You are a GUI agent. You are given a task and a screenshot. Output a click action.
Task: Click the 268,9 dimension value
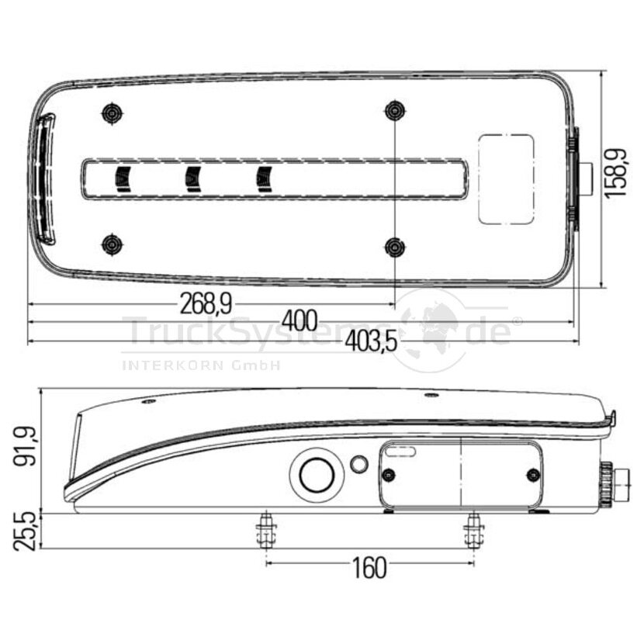206,304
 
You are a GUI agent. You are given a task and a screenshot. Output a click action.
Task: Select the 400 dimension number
299,321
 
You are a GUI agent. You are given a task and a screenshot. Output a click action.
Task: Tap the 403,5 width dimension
372,341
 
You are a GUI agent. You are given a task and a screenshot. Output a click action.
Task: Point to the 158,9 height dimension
615,173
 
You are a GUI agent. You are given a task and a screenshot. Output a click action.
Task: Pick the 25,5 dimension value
24,531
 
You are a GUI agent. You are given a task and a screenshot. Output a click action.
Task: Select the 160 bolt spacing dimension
369,568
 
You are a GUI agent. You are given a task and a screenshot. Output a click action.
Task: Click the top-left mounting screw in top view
113,113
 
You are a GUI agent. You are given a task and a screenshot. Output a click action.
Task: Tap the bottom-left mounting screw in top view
113,244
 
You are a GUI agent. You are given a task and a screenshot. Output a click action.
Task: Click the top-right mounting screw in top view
395,110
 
